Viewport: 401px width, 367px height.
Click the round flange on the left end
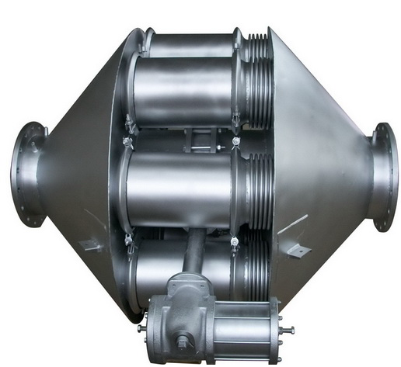[x=26, y=174]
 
